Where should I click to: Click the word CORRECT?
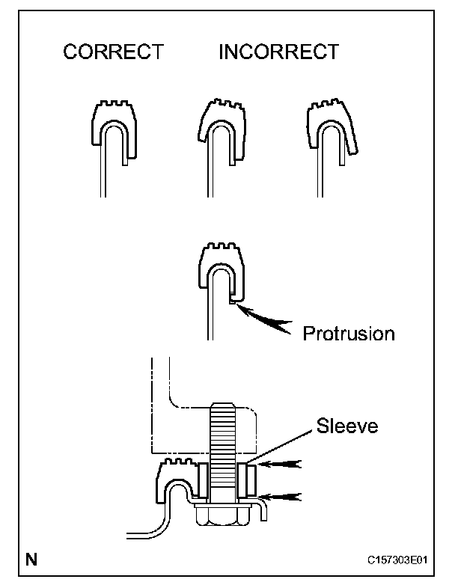[113, 52]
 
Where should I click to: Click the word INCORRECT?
[278, 52]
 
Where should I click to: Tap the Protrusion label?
[348, 333]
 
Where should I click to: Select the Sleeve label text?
[347, 427]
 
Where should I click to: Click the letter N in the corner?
[31, 558]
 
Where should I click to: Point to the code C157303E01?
[403, 560]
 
